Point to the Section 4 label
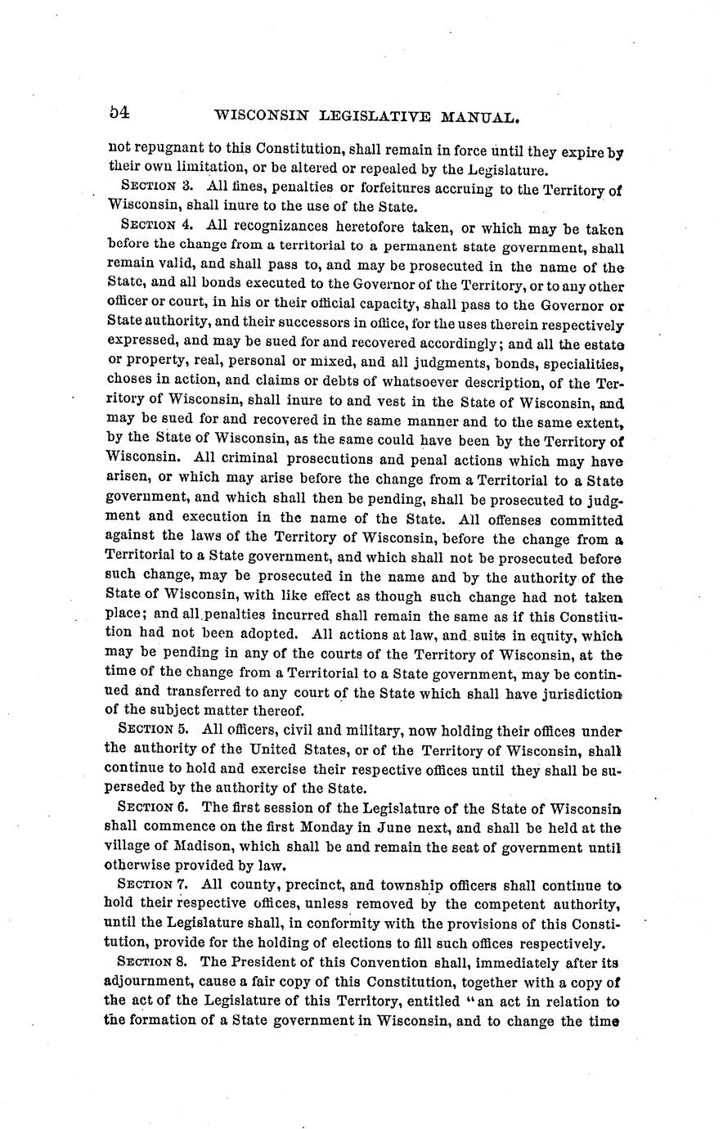(155, 224)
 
